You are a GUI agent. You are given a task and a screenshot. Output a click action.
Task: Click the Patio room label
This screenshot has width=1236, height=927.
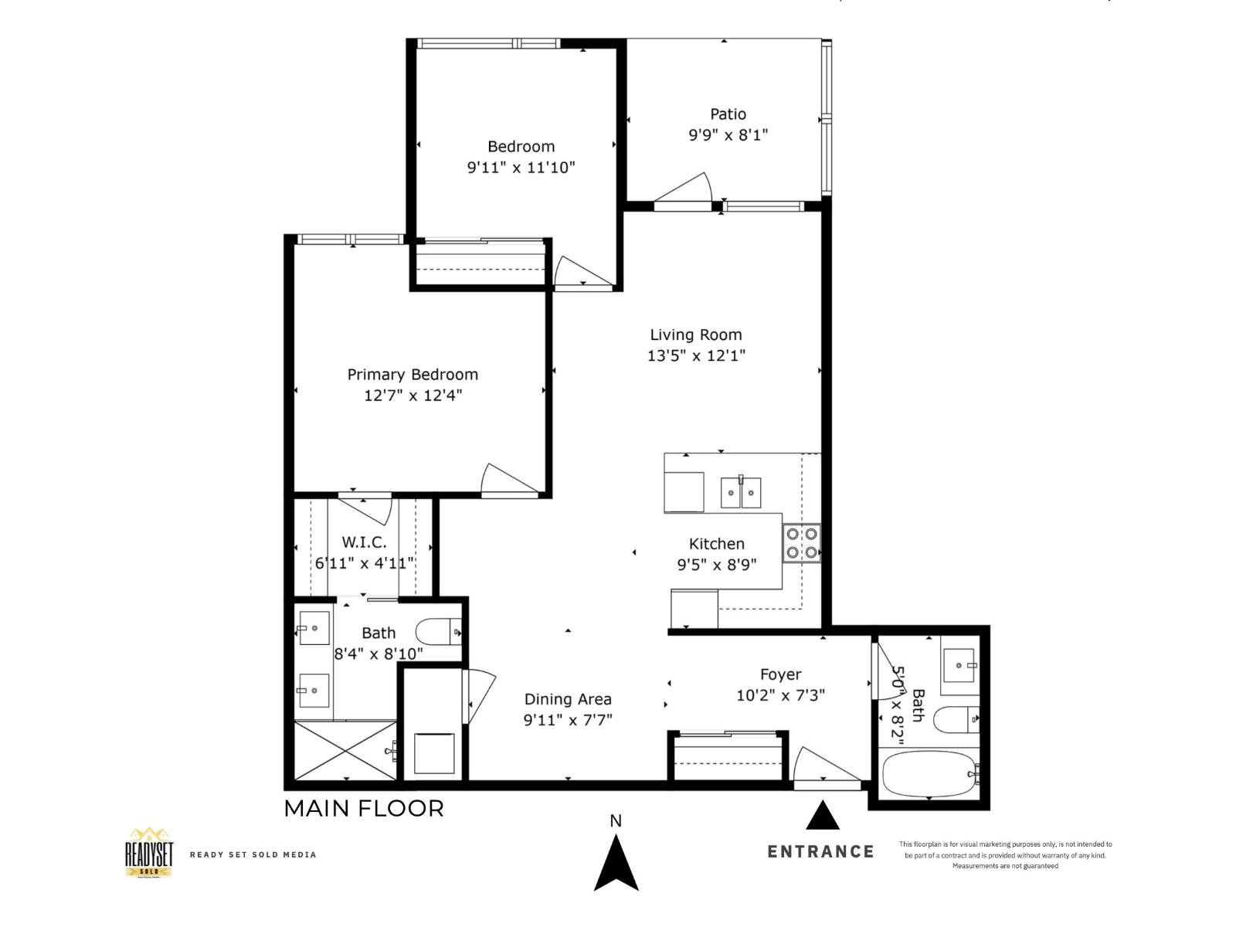728,114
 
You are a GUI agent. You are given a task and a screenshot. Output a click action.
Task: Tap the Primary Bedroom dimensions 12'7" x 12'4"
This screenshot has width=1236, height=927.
413,396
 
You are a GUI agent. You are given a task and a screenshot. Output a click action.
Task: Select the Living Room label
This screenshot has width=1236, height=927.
695,334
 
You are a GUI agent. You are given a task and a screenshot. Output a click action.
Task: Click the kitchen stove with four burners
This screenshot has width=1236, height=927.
801,542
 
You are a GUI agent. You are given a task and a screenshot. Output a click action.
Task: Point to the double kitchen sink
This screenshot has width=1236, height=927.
740,492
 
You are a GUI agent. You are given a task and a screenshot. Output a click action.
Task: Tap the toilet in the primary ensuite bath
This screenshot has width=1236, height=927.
438,632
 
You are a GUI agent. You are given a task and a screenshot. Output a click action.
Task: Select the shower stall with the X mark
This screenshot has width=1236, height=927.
345,750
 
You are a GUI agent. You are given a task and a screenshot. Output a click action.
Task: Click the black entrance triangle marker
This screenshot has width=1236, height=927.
823,816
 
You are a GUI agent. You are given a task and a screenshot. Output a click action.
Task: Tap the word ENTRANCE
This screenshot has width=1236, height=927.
820,851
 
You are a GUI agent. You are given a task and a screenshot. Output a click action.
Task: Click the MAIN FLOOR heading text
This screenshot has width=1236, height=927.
364,809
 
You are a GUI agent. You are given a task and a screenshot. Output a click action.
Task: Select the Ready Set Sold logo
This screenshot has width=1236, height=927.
149,853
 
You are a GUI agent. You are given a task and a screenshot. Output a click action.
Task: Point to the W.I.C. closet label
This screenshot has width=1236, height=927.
365,542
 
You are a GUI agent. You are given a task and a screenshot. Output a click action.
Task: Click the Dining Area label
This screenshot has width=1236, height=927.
568,699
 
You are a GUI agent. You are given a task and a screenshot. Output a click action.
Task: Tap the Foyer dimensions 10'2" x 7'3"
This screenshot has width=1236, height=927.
780,695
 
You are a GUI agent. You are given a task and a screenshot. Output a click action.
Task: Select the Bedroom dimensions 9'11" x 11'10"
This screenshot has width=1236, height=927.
521,167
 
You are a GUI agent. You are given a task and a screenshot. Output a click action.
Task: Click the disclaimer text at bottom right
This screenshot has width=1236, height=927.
1005,855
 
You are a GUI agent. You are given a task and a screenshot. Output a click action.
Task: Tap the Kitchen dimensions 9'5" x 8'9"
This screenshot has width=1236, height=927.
716,564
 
